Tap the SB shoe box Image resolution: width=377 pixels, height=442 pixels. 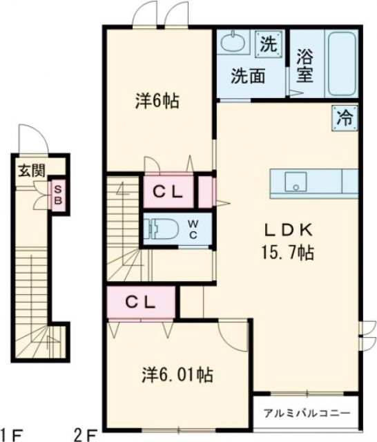(58, 194)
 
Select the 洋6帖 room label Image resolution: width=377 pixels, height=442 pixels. (157, 101)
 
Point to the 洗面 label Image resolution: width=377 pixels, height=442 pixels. (248, 75)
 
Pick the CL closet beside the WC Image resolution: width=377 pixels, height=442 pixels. (167, 193)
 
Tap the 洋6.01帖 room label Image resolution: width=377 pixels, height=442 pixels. (177, 375)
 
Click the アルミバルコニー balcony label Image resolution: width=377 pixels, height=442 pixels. (306, 414)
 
